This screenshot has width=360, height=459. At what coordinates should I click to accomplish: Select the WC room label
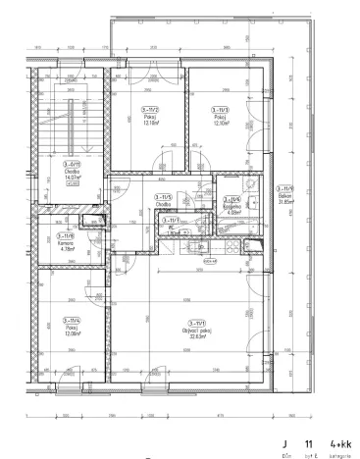click(177, 229)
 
